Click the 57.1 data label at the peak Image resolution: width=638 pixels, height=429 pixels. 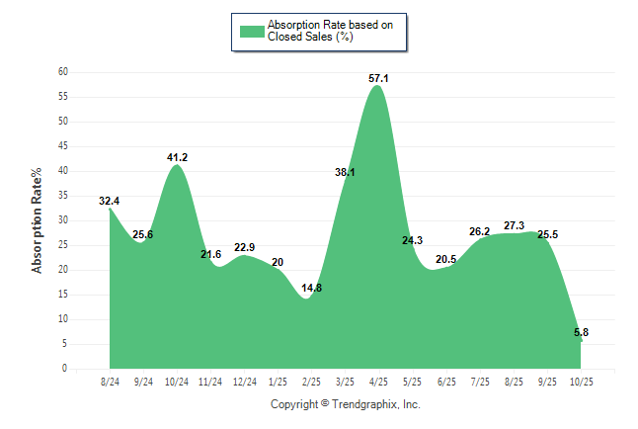click(378, 78)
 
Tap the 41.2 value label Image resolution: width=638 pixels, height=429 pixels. click(177, 157)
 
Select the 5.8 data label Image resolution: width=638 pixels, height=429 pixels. click(582, 333)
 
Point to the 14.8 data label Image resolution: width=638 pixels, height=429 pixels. click(311, 288)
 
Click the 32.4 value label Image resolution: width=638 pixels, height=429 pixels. click(110, 202)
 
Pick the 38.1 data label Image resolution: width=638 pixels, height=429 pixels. click(345, 172)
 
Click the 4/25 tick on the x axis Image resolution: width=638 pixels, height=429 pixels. click(378, 381)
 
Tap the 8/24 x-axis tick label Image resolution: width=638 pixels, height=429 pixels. click(110, 381)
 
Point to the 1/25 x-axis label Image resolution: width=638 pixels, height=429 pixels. click(278, 381)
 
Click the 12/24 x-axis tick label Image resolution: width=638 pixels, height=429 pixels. click(244, 381)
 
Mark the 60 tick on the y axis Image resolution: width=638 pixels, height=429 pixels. click(62, 72)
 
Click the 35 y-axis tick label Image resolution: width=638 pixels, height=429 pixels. click(62, 196)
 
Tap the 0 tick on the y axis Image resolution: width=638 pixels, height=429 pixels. click(65, 369)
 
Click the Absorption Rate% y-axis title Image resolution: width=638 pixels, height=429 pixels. click(38, 220)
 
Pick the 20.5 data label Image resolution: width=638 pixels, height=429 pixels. click(445, 260)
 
